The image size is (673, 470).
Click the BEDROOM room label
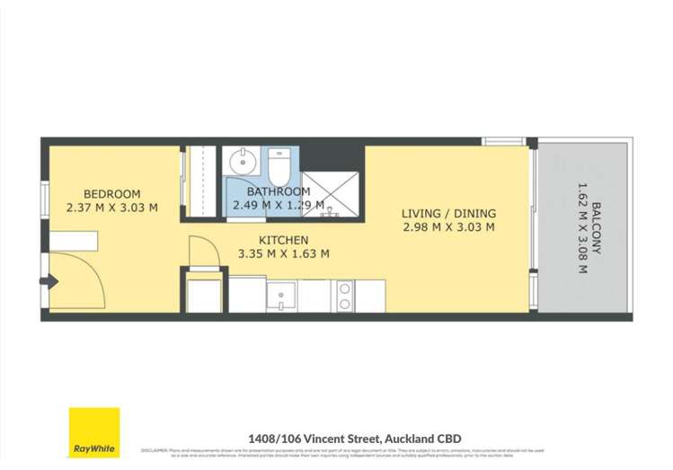click(x=112, y=194)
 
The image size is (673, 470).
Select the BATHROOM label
click(x=279, y=191)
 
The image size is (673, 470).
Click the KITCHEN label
click(x=283, y=240)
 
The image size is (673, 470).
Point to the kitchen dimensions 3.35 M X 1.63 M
click(x=283, y=253)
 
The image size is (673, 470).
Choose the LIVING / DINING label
click(x=448, y=214)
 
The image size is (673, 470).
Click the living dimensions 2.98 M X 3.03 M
click(x=448, y=227)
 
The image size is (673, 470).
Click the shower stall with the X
click(x=330, y=194)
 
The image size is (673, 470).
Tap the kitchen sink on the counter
click(x=281, y=296)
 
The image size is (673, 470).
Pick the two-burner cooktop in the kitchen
click(x=344, y=297)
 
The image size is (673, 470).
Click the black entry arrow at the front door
click(x=50, y=282)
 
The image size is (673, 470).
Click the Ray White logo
click(x=94, y=432)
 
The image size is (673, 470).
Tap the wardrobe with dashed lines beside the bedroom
click(x=202, y=180)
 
